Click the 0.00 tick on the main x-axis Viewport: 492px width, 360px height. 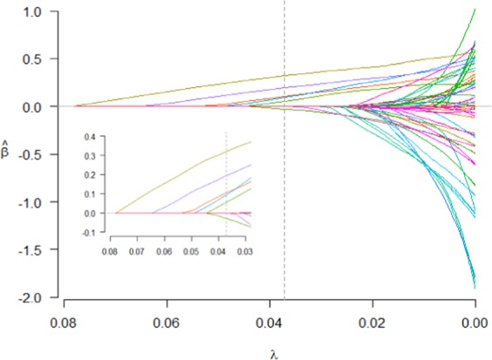tap(475, 320)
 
